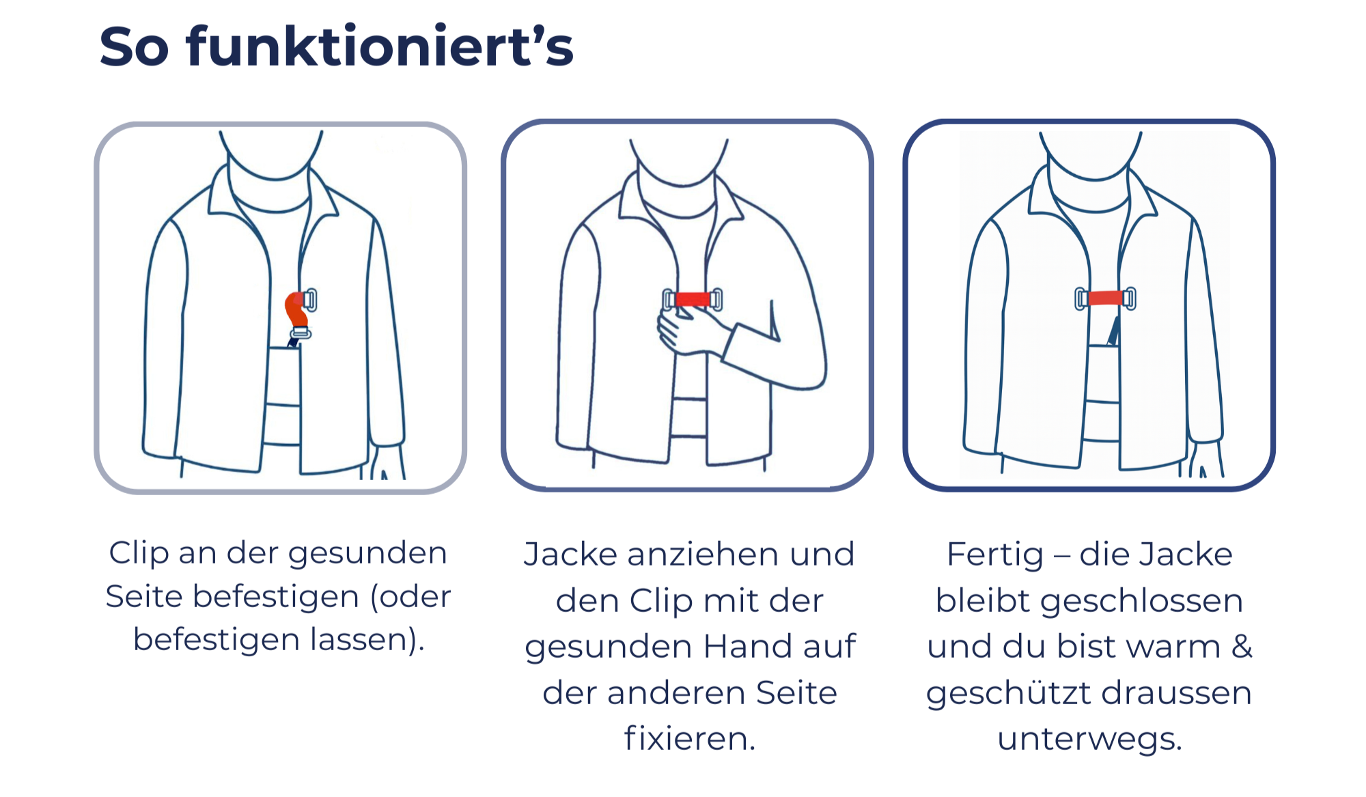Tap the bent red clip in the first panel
click(296, 311)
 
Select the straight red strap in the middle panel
click(693, 299)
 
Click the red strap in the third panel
click(1105, 298)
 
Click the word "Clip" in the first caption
click(139, 553)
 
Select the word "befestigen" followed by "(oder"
click(276, 597)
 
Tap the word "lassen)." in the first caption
click(367, 640)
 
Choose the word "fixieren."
click(690, 738)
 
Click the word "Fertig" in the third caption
click(995, 555)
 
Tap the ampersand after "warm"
click(1242, 646)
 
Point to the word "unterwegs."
click(1089, 739)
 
